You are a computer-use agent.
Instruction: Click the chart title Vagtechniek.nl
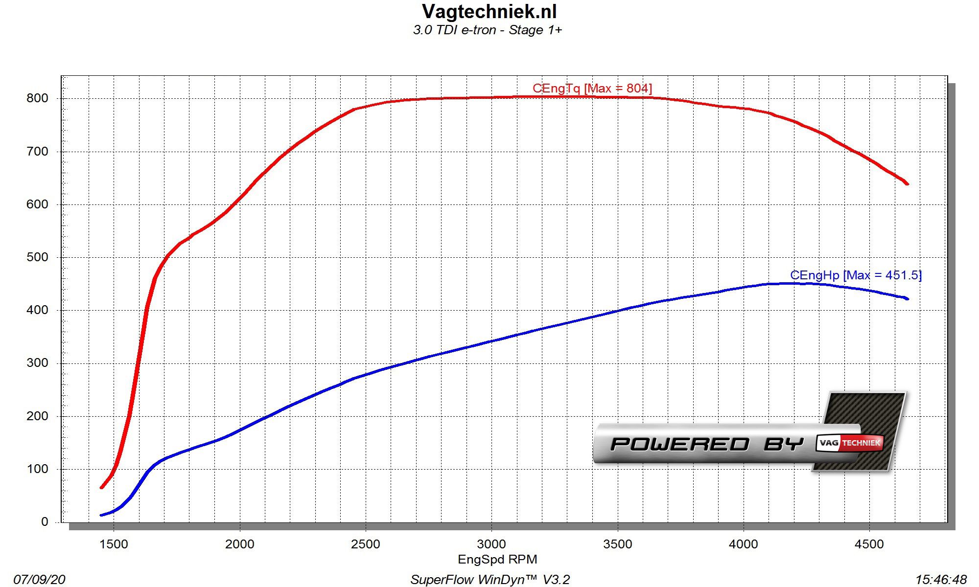(489, 11)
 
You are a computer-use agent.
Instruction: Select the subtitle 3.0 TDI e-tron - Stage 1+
(488, 30)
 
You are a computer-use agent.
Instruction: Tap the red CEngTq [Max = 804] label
(592, 89)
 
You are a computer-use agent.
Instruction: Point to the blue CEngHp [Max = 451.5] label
(856, 275)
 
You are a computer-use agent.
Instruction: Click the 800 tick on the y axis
(38, 98)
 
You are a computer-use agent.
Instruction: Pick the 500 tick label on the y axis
(38, 257)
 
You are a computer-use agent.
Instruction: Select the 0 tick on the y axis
(45, 522)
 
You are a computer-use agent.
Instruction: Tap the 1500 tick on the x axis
(114, 544)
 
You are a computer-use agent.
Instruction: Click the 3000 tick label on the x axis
(491, 544)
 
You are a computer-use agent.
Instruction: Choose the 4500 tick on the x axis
(869, 544)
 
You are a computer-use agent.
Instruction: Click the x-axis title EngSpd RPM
(497, 560)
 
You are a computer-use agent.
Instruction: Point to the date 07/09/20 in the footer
(39, 580)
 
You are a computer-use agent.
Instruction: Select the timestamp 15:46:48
(941, 580)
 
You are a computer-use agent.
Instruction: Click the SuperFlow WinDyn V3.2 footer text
(490, 580)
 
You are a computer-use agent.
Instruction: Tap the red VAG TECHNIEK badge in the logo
(850, 443)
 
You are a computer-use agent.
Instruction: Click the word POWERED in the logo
(679, 444)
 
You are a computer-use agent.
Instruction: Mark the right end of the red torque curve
(908, 184)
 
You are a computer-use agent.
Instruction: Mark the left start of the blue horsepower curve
(101, 515)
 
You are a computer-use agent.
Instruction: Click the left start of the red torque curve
(101, 487)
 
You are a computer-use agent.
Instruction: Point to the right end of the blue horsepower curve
(908, 299)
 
